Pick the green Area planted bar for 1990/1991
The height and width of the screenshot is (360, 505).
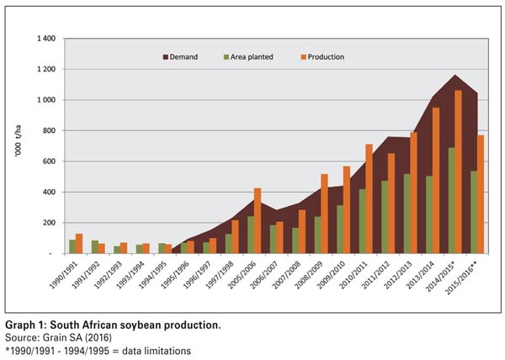click(72, 246)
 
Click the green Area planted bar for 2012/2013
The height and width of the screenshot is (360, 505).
click(407, 214)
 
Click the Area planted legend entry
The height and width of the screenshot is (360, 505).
click(247, 57)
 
